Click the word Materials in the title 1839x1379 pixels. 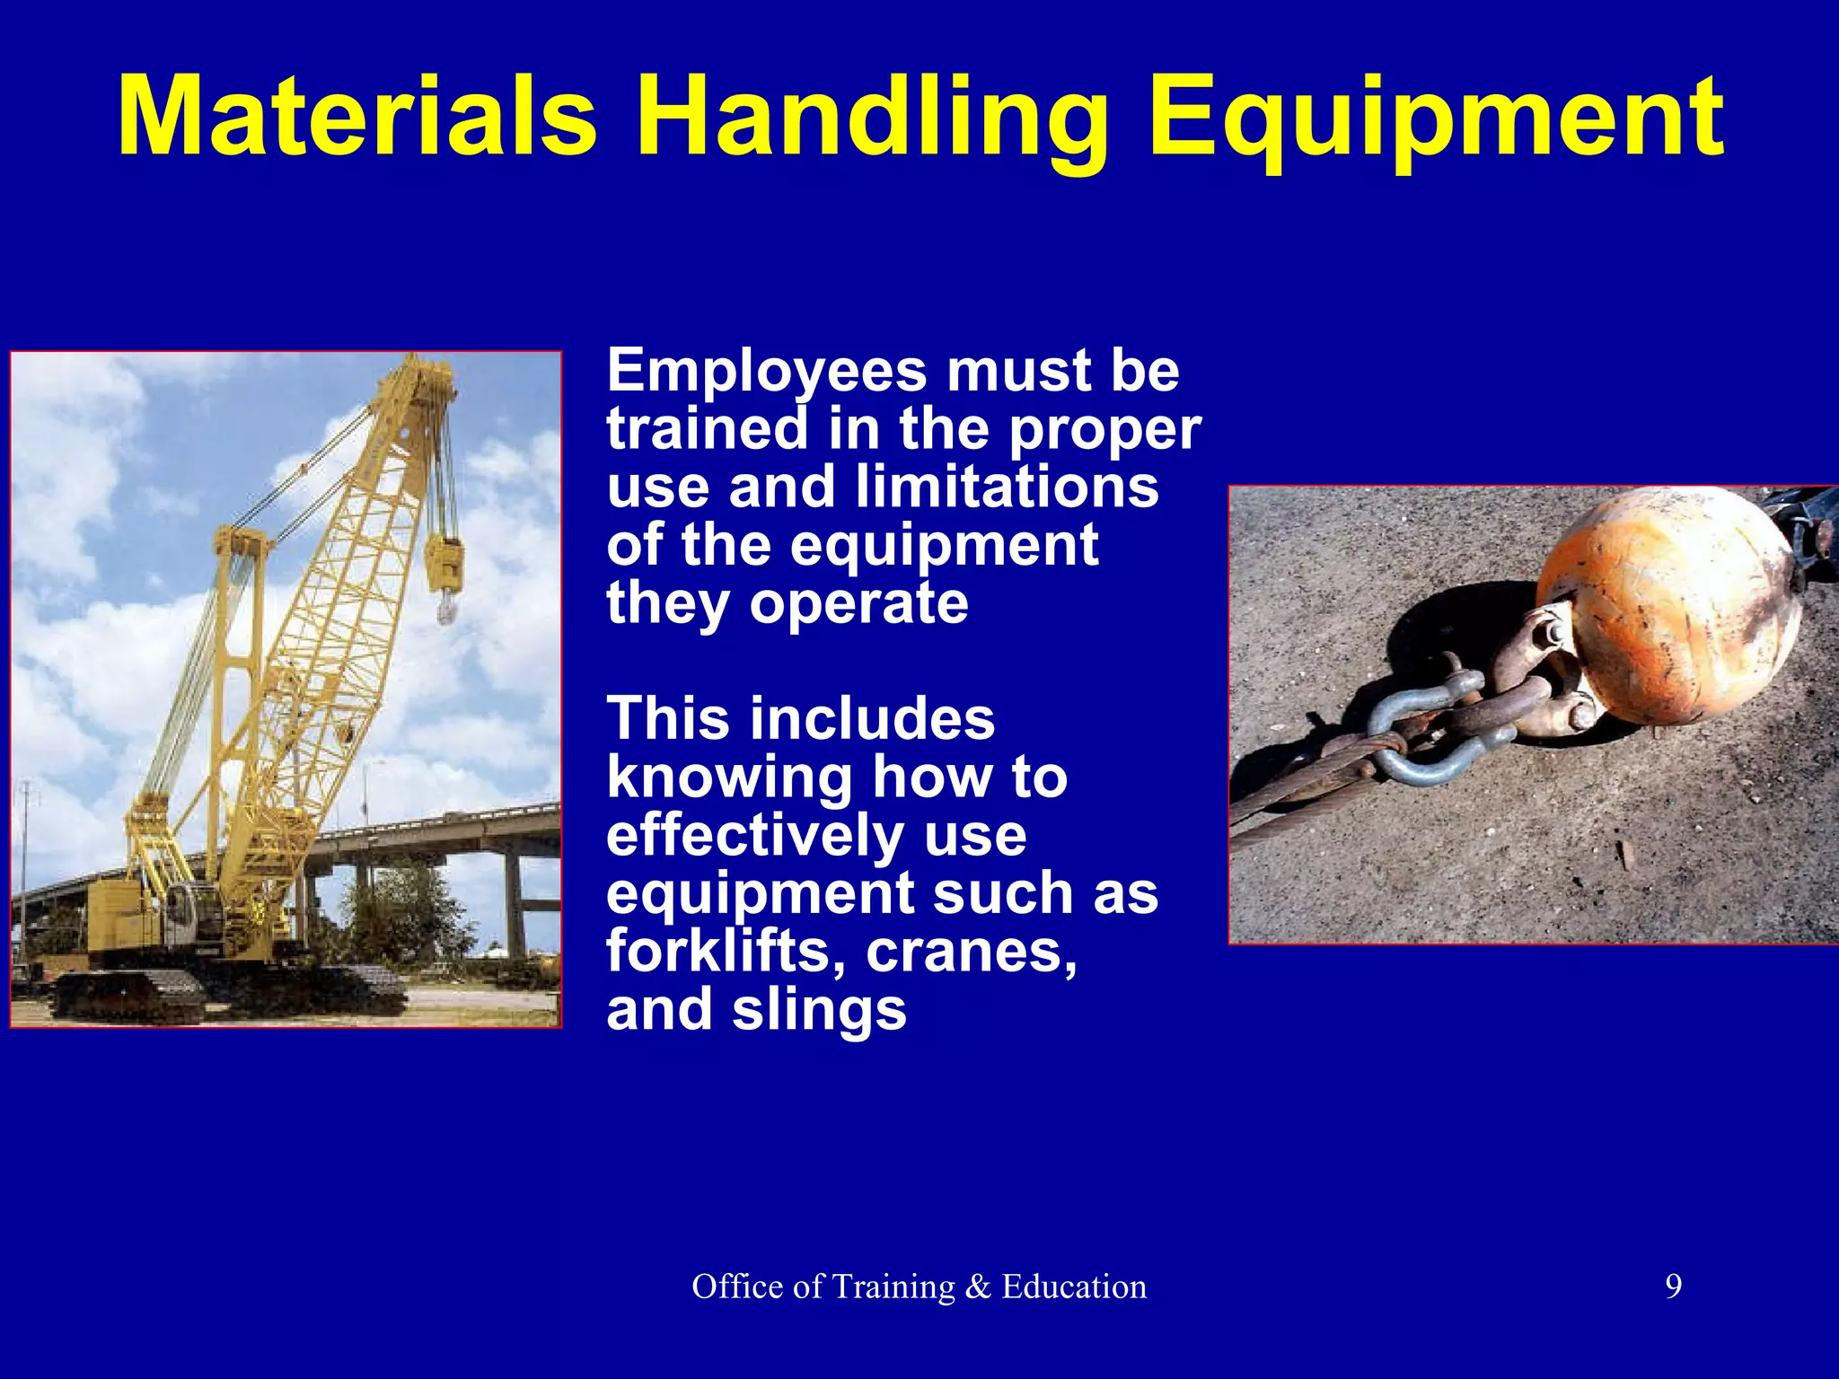[x=357, y=117]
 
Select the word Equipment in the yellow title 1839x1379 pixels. [x=1435, y=117]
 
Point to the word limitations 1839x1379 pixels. [x=1007, y=487]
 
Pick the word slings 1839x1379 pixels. [x=819, y=1009]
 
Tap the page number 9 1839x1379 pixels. [x=1673, y=1287]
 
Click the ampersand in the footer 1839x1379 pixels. [x=978, y=1287]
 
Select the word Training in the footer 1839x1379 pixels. [x=893, y=1287]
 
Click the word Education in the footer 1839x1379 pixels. [x=1074, y=1287]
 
